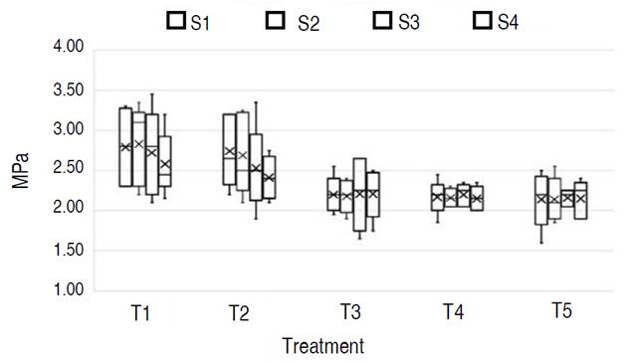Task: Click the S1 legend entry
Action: [188, 20]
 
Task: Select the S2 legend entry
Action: [294, 20]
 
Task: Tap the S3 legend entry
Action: [394, 20]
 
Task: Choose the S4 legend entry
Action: [496, 20]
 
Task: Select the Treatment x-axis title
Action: [322, 346]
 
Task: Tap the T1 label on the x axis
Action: [140, 313]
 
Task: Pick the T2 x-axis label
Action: [238, 313]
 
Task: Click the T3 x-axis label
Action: [349, 312]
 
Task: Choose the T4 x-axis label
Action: [454, 312]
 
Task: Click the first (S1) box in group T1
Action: [125, 146]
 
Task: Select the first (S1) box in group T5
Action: [541, 200]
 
